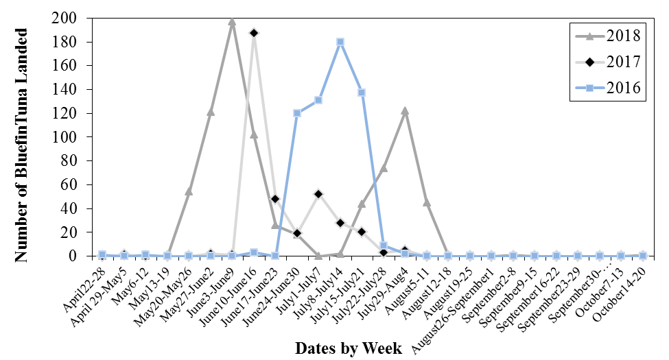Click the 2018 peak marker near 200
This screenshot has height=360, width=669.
point(232,21)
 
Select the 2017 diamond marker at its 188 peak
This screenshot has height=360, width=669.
point(254,33)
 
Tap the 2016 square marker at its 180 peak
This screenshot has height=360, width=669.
point(340,42)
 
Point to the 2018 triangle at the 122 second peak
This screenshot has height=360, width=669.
point(405,110)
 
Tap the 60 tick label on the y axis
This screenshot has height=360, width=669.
point(67,184)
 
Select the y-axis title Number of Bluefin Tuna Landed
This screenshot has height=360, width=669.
point(21,145)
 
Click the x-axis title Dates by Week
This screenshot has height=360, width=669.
point(349,348)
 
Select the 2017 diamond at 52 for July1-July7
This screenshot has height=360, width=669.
point(318,194)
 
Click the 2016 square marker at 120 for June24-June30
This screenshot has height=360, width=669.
point(297,113)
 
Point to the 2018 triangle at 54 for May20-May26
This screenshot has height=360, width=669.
point(189,191)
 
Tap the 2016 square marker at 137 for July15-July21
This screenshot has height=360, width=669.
point(362,93)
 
